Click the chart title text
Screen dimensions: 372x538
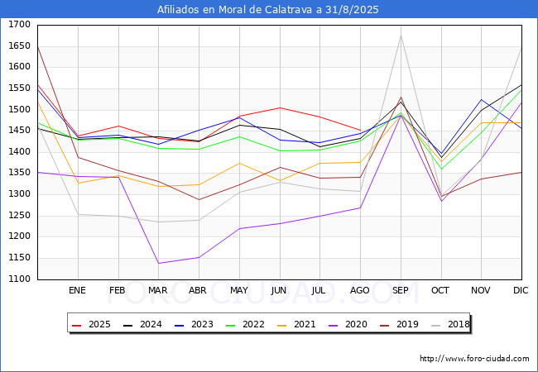[x=268, y=10]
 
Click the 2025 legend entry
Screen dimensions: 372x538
[x=92, y=324]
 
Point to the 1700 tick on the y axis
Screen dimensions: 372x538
[x=21, y=25]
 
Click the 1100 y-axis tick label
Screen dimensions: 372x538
[x=21, y=279]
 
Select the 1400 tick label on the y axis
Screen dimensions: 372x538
[x=21, y=152]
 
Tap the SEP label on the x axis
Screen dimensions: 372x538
[x=401, y=290]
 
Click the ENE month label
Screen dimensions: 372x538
[x=77, y=290]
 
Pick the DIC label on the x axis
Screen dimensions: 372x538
[x=521, y=290]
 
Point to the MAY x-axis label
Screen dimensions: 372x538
[x=238, y=290]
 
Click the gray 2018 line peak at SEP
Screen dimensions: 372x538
[x=401, y=35]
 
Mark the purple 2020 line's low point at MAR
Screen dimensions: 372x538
[x=158, y=264]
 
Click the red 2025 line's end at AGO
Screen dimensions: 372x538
[x=360, y=130]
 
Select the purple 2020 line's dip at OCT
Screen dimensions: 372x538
[x=441, y=201]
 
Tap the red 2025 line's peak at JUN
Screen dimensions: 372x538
[x=279, y=107]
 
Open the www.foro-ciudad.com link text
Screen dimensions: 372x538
[x=474, y=359]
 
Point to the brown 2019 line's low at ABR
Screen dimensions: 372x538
[x=198, y=199]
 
